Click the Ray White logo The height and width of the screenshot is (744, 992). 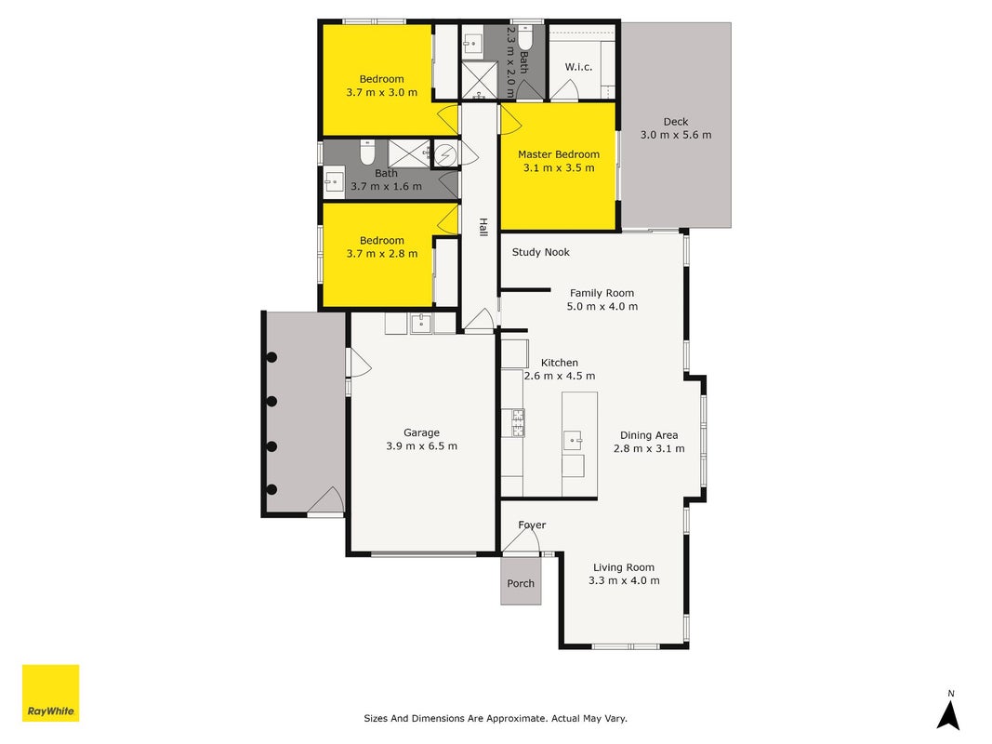[50, 693]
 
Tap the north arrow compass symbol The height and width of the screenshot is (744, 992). [948, 711]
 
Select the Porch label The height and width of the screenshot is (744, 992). [521, 583]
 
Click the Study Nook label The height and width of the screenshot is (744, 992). [541, 252]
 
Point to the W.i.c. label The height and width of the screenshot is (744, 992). [579, 66]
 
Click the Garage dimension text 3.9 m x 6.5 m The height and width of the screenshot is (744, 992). [421, 446]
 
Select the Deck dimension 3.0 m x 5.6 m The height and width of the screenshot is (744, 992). [676, 135]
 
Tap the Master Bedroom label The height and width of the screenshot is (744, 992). [559, 154]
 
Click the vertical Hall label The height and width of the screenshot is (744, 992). [483, 227]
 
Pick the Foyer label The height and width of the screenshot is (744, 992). [532, 525]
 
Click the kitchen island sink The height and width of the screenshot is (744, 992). [574, 439]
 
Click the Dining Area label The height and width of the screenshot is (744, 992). [649, 435]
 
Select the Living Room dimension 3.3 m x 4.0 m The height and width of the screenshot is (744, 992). [624, 580]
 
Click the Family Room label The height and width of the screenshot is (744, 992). [602, 293]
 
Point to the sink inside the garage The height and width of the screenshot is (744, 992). [421, 324]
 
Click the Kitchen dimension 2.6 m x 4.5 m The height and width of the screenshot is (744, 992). [560, 376]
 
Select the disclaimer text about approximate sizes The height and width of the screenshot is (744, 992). [496, 718]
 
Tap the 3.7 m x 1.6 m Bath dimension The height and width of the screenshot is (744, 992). [386, 187]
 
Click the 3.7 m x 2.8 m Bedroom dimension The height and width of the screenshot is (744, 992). [381, 254]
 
